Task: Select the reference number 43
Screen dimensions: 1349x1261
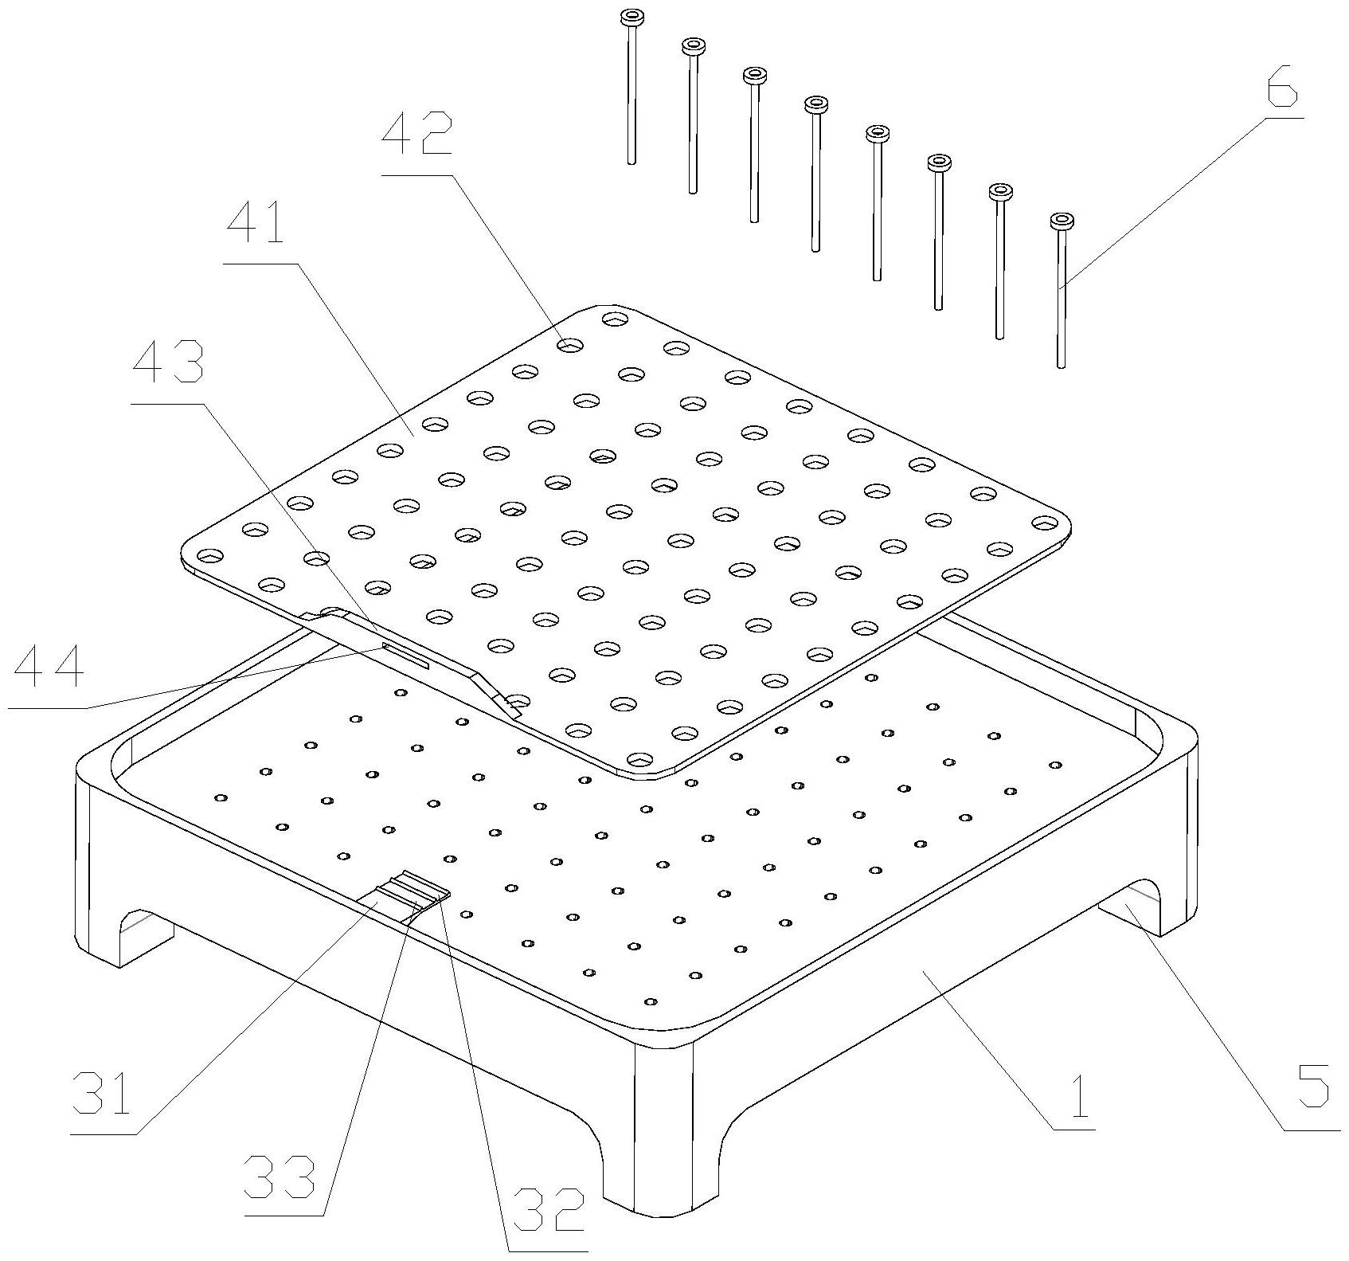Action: [x=167, y=364]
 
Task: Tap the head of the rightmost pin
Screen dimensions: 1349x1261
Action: [x=1062, y=221]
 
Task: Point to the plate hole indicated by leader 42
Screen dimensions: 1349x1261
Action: [x=569, y=346]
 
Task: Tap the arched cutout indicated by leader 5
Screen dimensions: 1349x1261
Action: [x=1131, y=905]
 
